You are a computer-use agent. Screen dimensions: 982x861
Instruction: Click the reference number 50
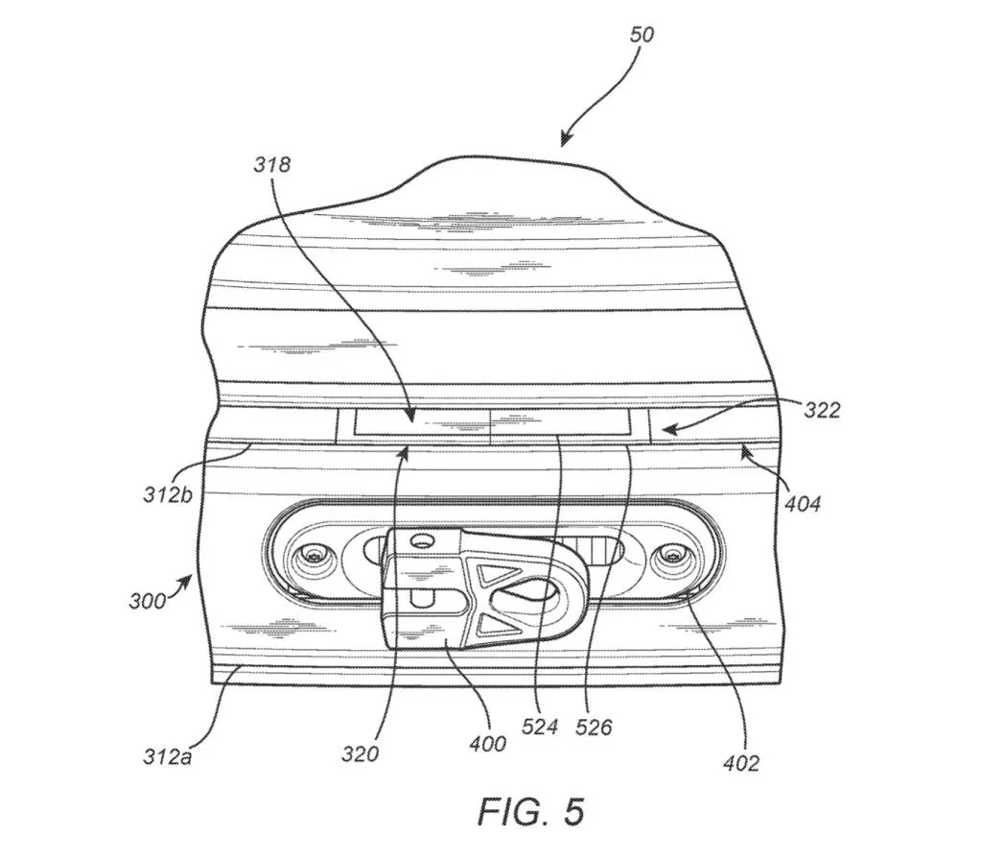point(642,35)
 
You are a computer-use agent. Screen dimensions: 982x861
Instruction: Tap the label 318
point(271,165)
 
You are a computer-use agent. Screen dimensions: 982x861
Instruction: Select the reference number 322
point(822,411)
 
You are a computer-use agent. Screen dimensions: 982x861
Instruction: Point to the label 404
point(803,503)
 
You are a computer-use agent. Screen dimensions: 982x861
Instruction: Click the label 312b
point(168,494)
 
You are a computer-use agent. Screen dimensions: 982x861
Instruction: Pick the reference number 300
point(148,602)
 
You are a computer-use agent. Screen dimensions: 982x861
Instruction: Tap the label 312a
point(167,757)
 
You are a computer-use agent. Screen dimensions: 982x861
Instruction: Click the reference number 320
point(361,753)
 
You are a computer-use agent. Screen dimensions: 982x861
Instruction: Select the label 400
point(488,744)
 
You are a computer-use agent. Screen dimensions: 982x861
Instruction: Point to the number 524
point(540,728)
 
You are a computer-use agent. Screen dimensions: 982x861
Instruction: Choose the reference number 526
point(594,728)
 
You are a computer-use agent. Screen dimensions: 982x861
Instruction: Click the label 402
point(741,763)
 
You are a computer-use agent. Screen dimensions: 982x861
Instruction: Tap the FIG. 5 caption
point(531,811)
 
